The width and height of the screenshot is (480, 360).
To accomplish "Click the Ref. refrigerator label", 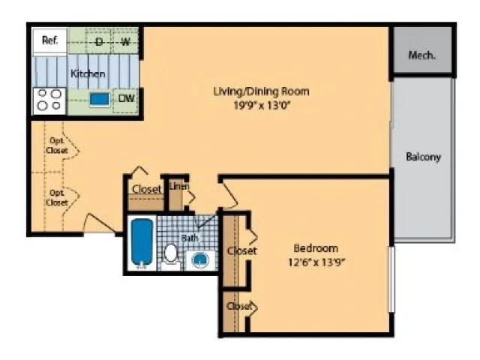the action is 50,40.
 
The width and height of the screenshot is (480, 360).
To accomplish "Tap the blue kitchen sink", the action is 100,100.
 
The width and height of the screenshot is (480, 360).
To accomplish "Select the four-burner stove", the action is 49,101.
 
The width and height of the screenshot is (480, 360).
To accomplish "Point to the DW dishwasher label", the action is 127,98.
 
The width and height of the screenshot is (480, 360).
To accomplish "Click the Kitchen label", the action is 88,73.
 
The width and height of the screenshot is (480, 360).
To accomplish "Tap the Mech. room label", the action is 421,55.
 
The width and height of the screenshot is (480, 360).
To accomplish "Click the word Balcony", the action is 423,157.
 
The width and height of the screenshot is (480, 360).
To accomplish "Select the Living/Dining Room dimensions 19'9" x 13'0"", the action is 262,106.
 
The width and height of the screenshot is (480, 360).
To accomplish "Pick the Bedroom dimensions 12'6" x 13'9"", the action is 316,262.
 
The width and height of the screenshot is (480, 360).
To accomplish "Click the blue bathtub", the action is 142,243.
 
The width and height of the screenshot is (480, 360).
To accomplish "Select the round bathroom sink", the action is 200,260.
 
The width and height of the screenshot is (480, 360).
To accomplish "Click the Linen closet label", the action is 179,186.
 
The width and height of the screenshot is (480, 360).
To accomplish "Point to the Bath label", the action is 190,238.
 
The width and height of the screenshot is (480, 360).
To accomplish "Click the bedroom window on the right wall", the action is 391,279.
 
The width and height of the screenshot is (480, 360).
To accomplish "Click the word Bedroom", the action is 316,248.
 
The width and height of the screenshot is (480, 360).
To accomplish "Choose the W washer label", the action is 125,41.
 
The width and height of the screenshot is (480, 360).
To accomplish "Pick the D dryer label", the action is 99,41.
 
